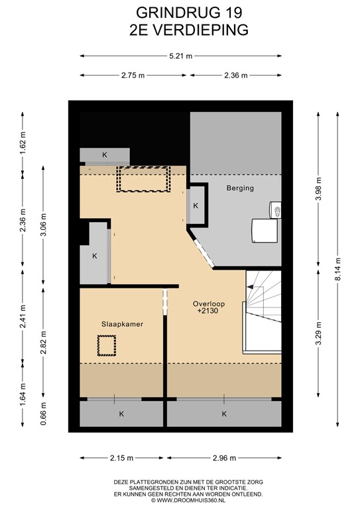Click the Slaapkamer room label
click(x=122, y=324)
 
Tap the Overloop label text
click(x=209, y=304)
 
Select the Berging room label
click(x=240, y=188)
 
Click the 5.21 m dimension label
click(x=181, y=56)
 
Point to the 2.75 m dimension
click(x=133, y=76)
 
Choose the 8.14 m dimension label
click(x=338, y=270)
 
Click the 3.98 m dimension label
click(x=318, y=189)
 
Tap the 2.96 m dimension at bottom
click(x=224, y=458)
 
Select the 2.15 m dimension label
click(x=121, y=458)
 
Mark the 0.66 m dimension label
click(x=43, y=414)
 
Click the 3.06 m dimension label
click(x=43, y=225)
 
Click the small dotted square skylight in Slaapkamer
click(x=107, y=346)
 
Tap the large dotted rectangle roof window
click(x=143, y=179)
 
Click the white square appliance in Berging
click(x=265, y=231)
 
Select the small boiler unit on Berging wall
click(x=276, y=209)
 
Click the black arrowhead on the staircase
click(x=250, y=287)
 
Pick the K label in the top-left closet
click(x=105, y=155)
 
